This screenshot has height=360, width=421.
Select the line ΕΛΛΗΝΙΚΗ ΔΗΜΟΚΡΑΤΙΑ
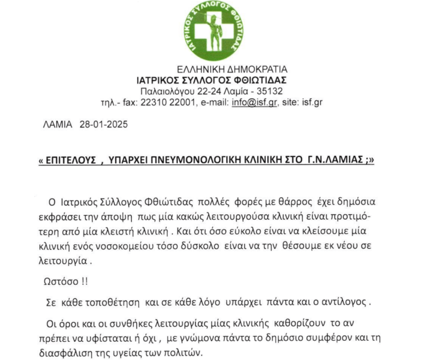click(232, 69)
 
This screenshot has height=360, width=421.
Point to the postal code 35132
click(275, 91)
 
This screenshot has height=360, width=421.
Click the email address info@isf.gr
click(254, 102)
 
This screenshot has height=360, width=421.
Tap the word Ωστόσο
click(59, 281)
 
